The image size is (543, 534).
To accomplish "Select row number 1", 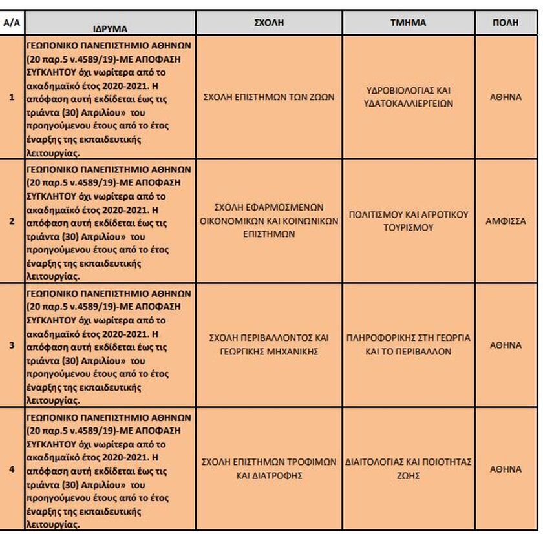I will pyautogui.click(x=11, y=98).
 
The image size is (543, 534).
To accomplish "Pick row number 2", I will pyautogui.click(x=11, y=221).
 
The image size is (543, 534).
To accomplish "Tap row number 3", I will pyautogui.click(x=11, y=345).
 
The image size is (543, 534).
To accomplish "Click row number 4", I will pyautogui.click(x=11, y=469).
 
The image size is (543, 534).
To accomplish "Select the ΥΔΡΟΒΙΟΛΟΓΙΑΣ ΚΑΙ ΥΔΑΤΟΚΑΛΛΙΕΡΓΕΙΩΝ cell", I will pyautogui.click(x=408, y=98).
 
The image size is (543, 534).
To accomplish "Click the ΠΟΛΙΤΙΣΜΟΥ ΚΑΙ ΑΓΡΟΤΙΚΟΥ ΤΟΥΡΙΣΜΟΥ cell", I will pyautogui.click(x=408, y=221).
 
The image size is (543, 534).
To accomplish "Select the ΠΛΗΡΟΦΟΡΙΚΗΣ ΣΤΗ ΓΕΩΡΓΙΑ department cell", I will pyautogui.click(x=408, y=345).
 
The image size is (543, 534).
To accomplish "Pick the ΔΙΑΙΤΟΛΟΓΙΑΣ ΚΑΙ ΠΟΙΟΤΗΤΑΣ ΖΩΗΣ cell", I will pyautogui.click(x=408, y=469).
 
